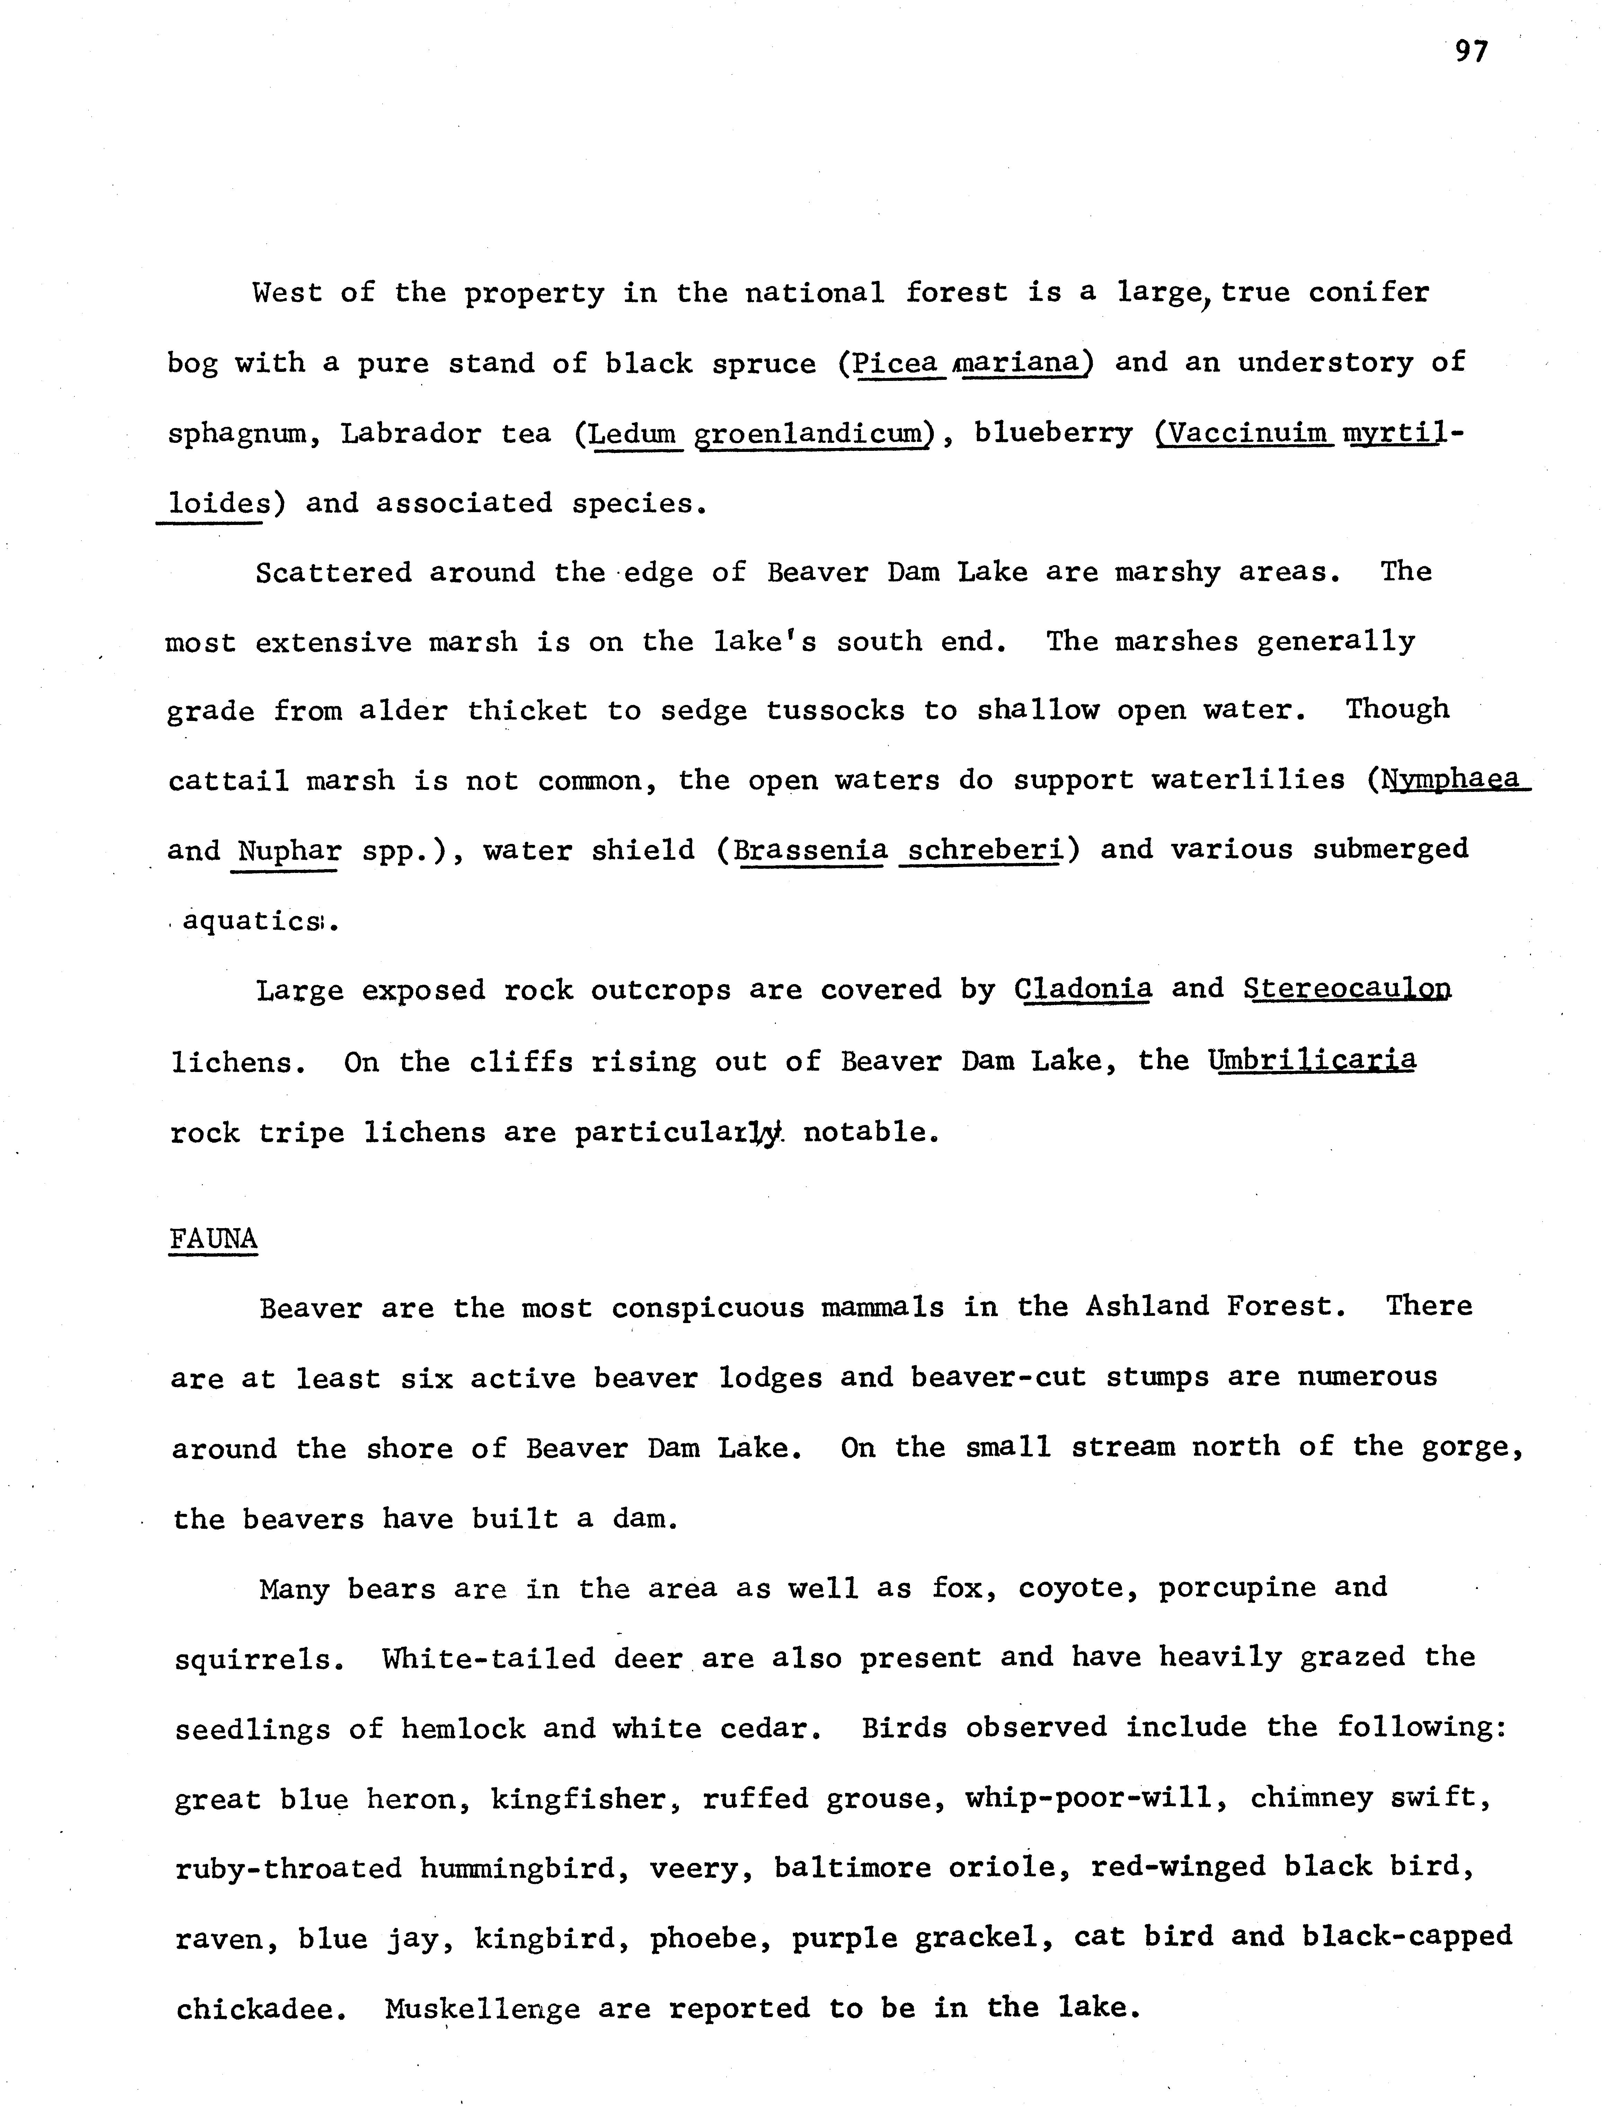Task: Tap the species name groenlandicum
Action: [x=811, y=434]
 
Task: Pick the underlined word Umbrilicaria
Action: [x=1312, y=1060]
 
